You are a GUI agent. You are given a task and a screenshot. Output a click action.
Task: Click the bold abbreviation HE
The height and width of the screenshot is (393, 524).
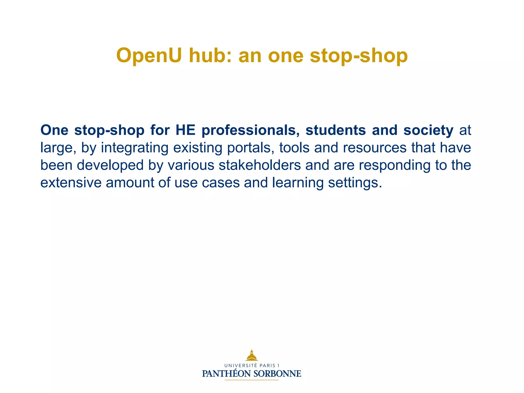pos(185,130)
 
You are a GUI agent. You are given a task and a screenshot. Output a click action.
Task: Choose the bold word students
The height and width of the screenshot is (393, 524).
pos(335,130)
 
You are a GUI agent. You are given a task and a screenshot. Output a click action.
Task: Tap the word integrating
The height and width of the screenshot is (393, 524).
pos(135,148)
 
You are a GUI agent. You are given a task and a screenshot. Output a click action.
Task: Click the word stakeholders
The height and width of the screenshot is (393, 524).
pos(260,165)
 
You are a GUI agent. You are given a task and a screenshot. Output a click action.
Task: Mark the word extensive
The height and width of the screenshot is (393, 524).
pos(71,183)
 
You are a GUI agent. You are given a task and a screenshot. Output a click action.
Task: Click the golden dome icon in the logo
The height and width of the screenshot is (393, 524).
pos(252,355)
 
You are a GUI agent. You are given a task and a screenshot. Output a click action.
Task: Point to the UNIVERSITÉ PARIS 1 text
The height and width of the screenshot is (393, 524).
pos(252,366)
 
